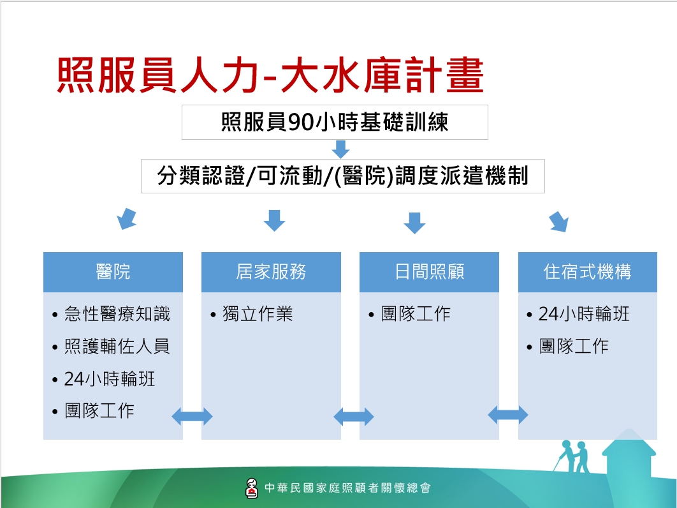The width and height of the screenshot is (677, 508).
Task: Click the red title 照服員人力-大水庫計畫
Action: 270,75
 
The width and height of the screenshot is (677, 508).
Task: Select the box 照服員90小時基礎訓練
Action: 335,122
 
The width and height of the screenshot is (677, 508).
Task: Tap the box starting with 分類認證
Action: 343,176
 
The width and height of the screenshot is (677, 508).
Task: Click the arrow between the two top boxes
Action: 340,149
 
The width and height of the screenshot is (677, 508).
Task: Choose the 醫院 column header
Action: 113,272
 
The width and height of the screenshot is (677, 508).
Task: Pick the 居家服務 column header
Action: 271,272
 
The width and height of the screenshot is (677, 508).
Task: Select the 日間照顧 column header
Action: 429,272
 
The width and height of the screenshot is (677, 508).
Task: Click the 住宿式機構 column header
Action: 588,272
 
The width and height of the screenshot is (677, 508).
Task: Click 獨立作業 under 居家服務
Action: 258,314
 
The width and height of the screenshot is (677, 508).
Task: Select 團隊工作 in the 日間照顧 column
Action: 416,314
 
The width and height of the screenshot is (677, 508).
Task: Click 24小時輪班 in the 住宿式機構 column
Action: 584,314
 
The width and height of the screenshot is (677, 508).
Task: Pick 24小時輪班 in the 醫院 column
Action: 110,379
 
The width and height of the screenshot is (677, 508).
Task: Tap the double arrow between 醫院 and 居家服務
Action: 192,417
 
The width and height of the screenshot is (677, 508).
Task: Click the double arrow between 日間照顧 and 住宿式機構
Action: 507,415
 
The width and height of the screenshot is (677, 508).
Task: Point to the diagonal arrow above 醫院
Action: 127,219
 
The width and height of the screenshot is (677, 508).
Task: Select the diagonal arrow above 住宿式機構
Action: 558,222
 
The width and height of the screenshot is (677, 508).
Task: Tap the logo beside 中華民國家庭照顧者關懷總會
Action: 251,488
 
